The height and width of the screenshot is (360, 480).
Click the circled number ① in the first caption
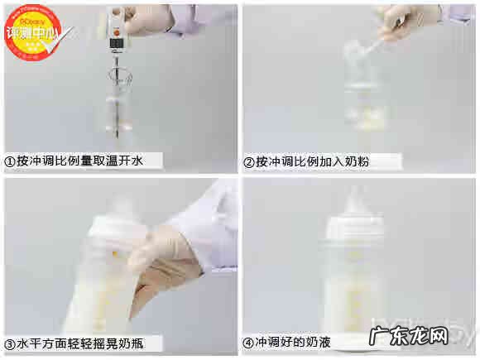(11, 161)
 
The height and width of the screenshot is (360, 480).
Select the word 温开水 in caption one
(125, 161)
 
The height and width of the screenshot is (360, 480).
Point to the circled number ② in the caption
(248, 161)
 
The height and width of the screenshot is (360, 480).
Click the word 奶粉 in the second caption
(357, 161)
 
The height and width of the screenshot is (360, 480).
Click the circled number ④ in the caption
(248, 341)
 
